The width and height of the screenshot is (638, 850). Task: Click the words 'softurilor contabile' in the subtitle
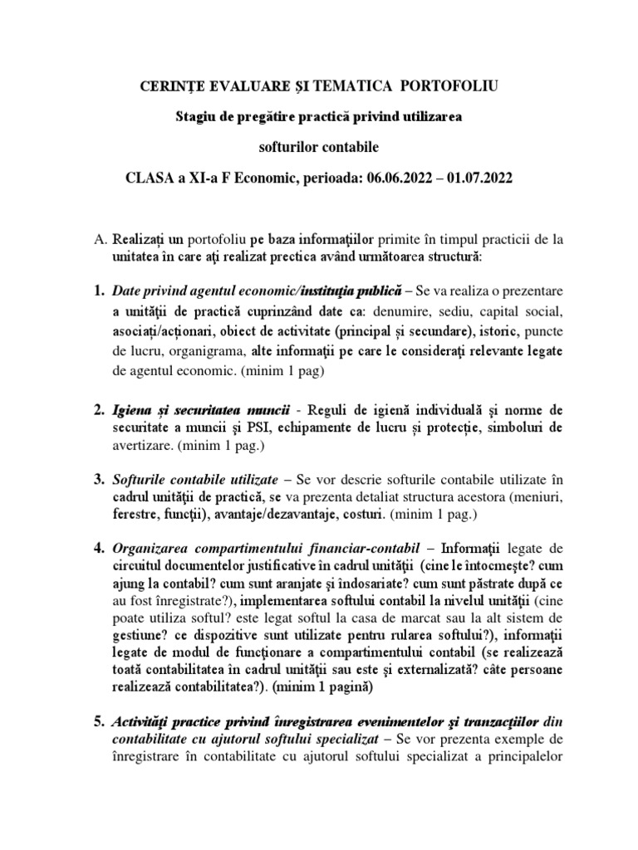click(x=319, y=148)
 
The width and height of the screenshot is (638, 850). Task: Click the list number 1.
click(x=98, y=291)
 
